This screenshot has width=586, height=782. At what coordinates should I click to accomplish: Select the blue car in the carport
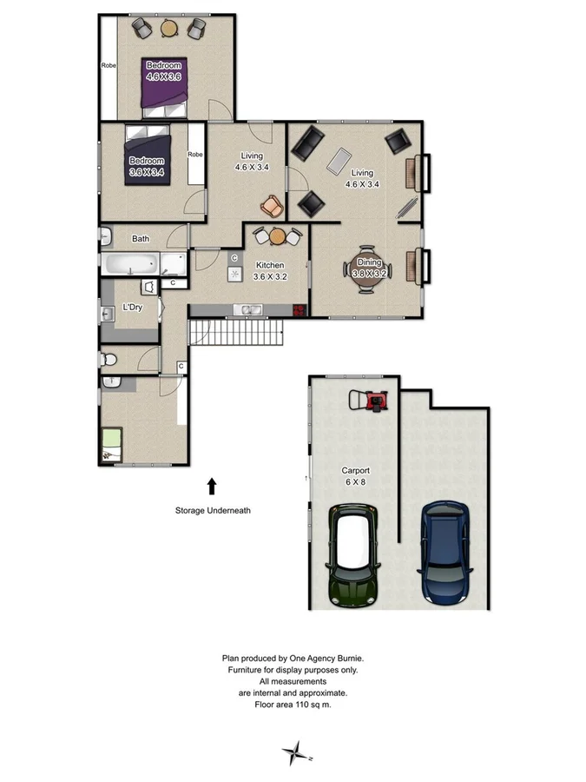(446, 553)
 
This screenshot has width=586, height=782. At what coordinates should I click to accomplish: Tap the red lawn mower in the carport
(376, 401)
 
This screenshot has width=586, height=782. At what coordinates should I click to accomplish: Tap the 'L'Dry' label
(132, 307)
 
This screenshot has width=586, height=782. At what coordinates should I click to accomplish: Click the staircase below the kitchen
(237, 332)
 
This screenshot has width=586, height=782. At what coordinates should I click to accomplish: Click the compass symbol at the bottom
(298, 752)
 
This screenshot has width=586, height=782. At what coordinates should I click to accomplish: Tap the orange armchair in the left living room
(273, 207)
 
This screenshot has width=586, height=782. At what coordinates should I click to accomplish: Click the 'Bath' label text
(141, 238)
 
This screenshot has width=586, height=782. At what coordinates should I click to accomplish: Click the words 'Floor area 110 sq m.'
(293, 705)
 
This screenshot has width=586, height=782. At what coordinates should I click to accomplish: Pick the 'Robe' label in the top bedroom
(109, 65)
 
